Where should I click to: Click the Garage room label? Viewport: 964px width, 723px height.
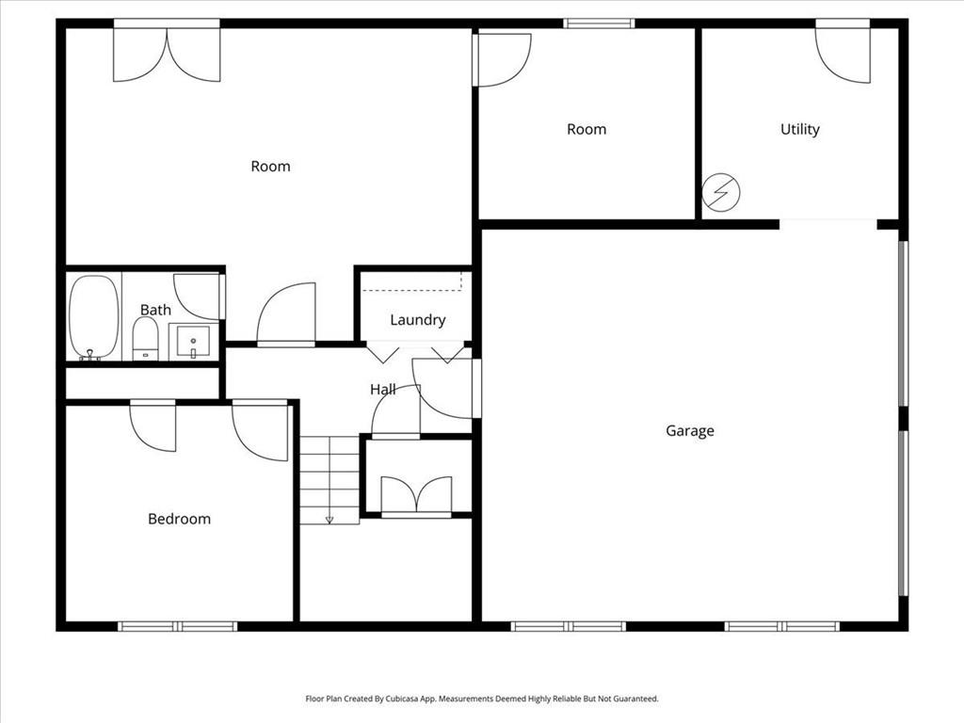click(x=690, y=431)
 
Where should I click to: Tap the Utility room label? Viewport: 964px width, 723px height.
click(x=799, y=129)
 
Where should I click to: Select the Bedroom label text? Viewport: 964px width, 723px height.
click(x=179, y=519)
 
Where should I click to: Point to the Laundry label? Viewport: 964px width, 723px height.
click(x=417, y=320)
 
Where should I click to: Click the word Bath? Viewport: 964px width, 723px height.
click(x=155, y=310)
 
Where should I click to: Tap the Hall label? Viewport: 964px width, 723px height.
click(x=382, y=389)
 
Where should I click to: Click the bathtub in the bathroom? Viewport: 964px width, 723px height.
click(x=94, y=317)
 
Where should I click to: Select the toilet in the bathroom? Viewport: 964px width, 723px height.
click(x=145, y=338)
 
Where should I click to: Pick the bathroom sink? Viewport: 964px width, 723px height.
click(x=193, y=341)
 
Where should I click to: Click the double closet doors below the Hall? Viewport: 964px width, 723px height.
click(x=416, y=495)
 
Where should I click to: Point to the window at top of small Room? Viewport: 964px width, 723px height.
click(x=599, y=24)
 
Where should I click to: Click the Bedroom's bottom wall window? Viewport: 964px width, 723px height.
click(x=178, y=626)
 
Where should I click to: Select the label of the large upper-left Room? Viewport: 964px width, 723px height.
click(x=270, y=167)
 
